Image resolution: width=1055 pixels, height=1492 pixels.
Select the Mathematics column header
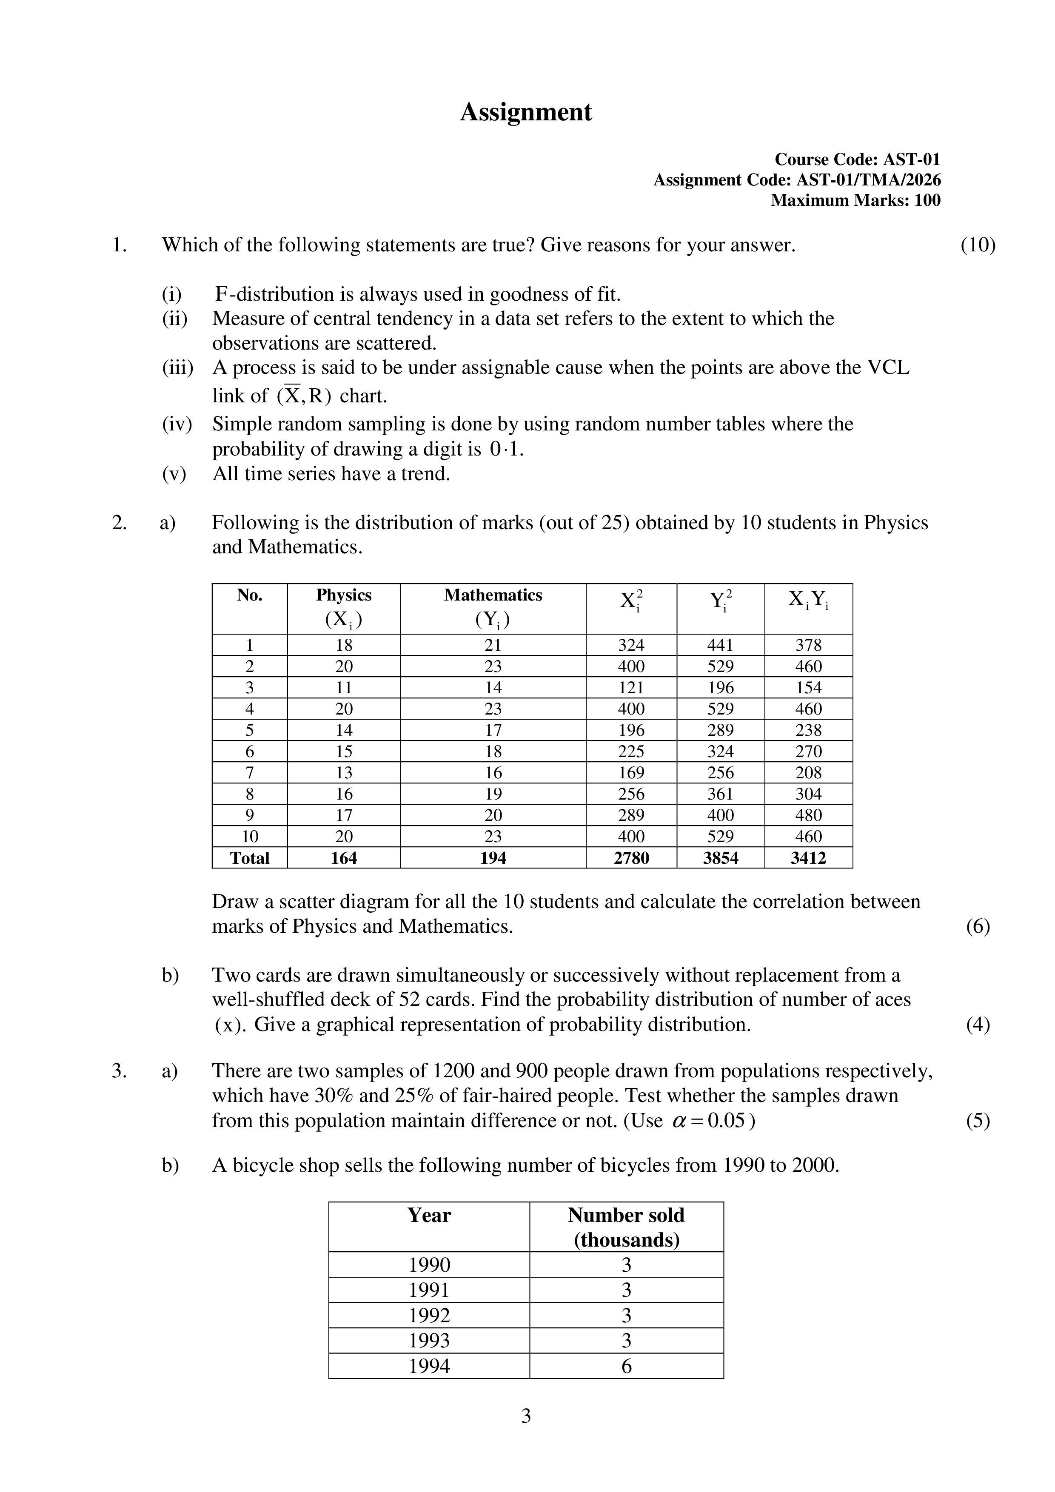point(493,595)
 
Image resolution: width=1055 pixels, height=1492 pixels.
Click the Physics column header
point(343,595)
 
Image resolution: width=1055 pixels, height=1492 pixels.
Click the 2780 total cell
point(631,858)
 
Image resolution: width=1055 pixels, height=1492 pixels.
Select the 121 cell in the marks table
point(631,687)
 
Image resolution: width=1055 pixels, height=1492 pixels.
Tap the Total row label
point(250,858)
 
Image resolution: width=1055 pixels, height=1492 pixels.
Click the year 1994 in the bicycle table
point(429,1366)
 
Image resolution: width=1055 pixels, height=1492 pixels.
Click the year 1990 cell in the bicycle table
point(429,1264)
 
